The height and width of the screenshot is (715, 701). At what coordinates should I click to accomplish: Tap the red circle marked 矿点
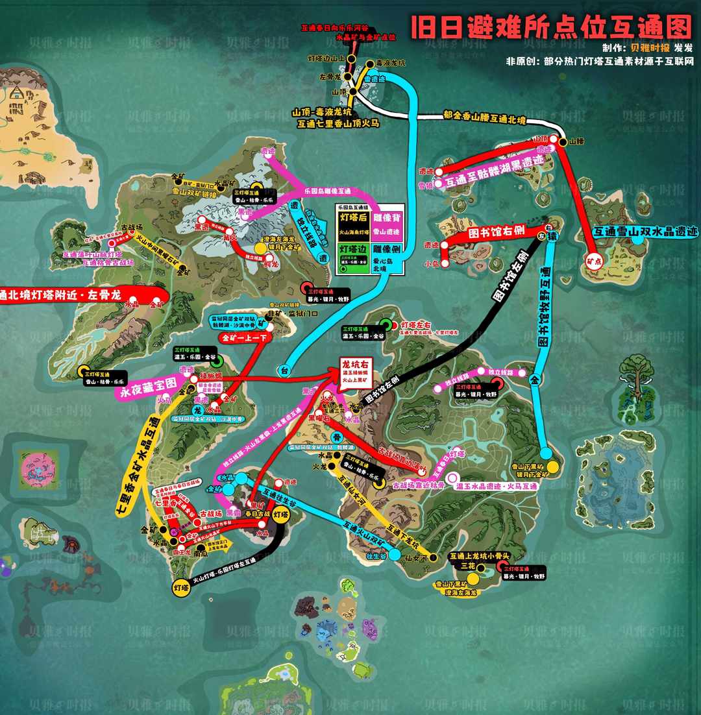coord(592,260)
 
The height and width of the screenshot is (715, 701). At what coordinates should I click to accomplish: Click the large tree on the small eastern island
coord(636,377)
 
